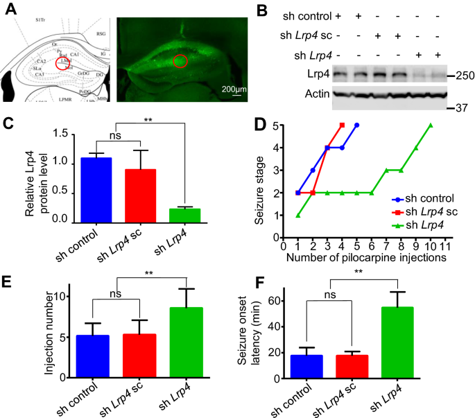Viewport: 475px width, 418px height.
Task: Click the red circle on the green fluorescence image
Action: pyautogui.click(x=180, y=61)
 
